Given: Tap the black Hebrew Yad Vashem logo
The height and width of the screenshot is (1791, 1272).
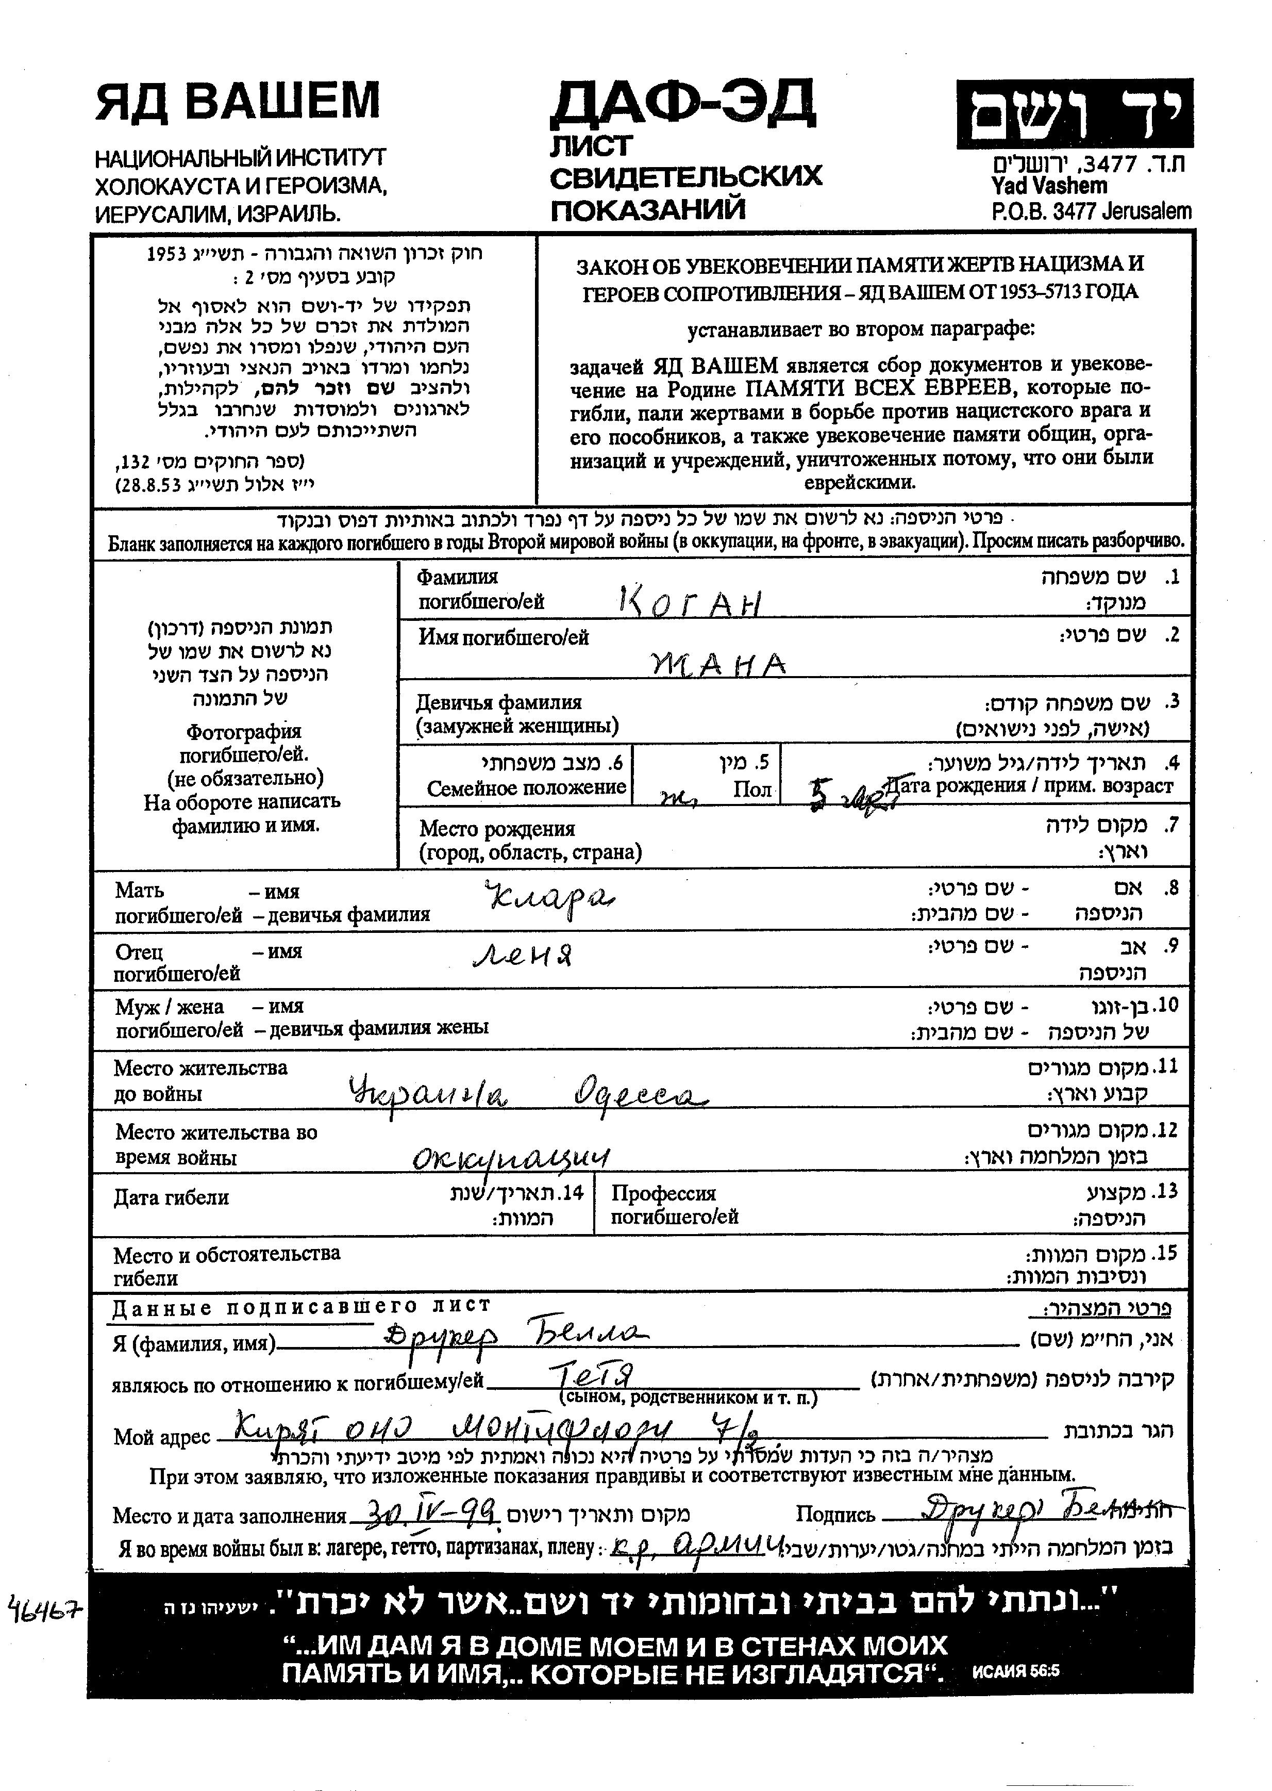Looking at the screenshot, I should [x=1075, y=113].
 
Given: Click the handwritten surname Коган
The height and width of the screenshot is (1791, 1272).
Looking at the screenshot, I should [x=689, y=602].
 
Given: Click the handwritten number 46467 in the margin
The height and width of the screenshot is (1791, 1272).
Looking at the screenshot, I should [x=45, y=1610].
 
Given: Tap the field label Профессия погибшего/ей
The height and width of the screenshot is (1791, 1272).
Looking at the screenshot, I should [x=674, y=1205].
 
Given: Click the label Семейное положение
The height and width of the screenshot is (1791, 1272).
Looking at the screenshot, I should [x=526, y=787].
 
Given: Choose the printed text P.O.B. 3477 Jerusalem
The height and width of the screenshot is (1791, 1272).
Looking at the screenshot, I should [x=1091, y=211].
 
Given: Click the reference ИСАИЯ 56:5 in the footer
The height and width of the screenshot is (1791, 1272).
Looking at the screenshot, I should [x=1015, y=1670].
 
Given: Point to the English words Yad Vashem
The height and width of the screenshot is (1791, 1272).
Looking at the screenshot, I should [x=1049, y=187].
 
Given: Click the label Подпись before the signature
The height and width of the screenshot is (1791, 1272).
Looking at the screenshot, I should [x=835, y=1515].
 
